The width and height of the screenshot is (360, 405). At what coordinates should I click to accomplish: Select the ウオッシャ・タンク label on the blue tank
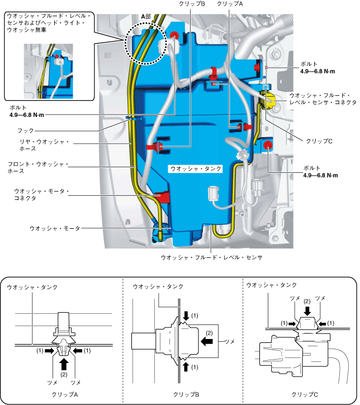(x=196, y=168)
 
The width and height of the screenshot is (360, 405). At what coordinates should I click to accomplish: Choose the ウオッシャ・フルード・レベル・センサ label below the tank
(x=211, y=257)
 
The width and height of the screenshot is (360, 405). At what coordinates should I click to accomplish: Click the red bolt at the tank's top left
(x=175, y=36)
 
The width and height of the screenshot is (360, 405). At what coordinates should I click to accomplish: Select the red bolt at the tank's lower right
(x=268, y=146)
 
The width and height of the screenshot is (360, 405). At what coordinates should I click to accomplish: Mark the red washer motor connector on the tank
(x=163, y=196)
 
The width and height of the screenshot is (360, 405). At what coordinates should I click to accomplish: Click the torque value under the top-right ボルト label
(x=317, y=72)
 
